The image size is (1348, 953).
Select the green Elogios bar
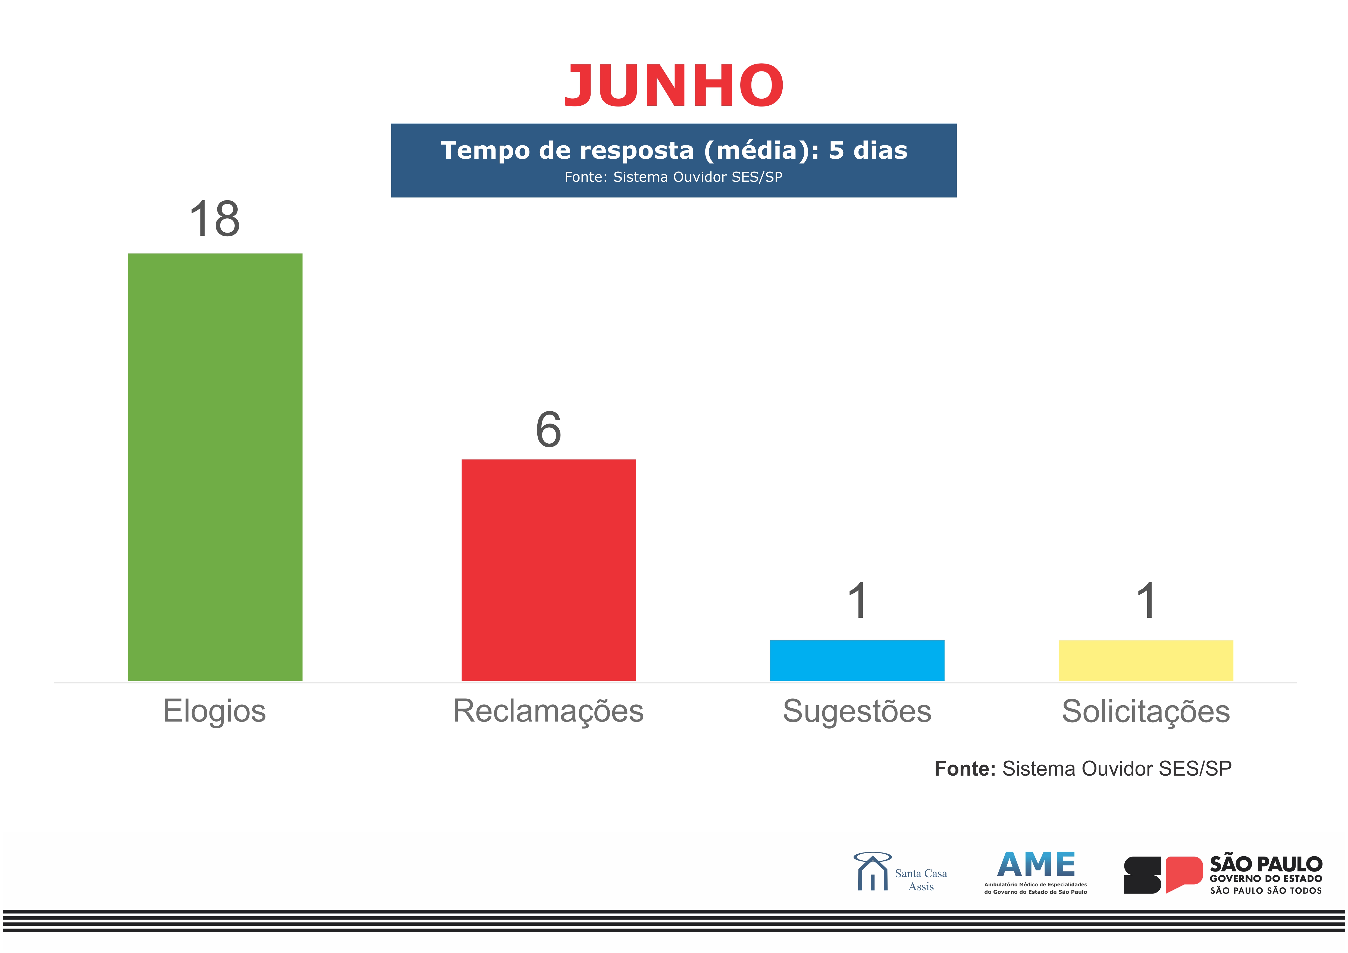click(x=215, y=467)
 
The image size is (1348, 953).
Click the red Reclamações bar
click(x=548, y=570)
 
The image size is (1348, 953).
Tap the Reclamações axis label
click(x=548, y=711)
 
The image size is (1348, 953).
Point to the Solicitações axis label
click(x=1145, y=711)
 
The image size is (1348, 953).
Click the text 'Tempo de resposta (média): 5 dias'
click(x=673, y=150)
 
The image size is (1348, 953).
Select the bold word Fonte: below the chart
click(x=965, y=769)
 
